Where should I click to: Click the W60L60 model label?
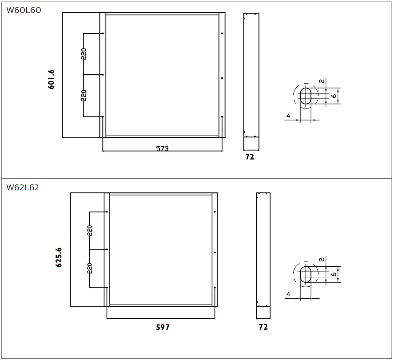point(24,10)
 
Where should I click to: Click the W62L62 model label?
point(23,188)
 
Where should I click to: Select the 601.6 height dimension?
point(52,80)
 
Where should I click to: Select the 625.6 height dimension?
point(59,257)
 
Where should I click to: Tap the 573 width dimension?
point(162,148)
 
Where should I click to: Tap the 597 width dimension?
point(163,328)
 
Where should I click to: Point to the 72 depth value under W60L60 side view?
point(250,156)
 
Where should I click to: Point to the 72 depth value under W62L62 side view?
point(263,327)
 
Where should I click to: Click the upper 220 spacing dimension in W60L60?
point(84,54)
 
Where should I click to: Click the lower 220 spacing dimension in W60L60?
point(84,96)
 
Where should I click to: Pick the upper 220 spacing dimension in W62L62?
point(90,231)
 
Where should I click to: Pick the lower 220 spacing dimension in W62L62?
point(90,268)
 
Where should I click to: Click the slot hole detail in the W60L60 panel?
point(306,96)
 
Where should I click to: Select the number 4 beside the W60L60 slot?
point(288,116)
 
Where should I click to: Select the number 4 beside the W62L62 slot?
point(288,294)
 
